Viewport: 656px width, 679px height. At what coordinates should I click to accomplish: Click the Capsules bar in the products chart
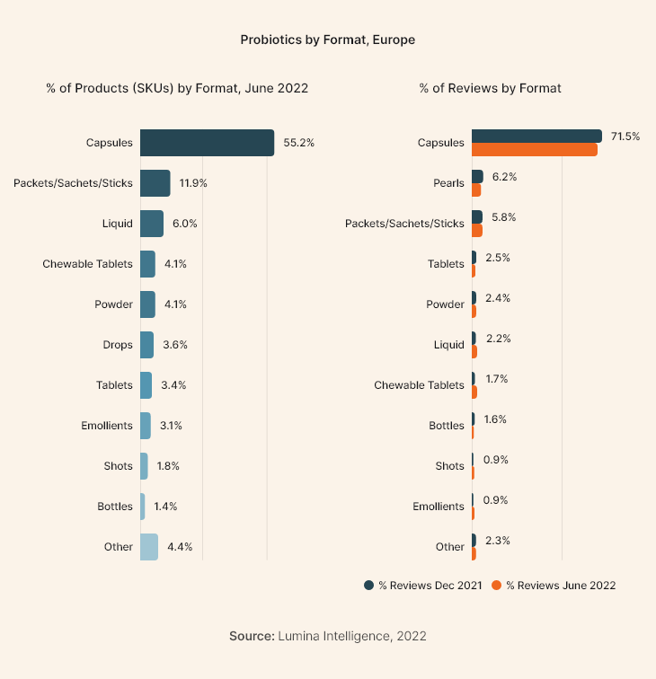pos(207,143)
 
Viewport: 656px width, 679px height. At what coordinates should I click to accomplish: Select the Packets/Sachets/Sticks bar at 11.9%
pos(155,183)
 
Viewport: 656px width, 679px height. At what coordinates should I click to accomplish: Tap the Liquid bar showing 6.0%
pos(151,224)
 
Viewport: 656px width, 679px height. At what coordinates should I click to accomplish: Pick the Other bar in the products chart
pos(148,547)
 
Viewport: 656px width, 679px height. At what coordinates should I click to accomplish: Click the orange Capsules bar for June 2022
pos(534,149)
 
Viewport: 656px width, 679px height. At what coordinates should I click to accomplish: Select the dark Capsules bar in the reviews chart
pos(536,136)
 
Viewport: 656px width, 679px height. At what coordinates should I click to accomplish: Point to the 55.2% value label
pos(298,143)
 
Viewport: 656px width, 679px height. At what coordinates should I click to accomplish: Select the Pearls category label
pos(448,183)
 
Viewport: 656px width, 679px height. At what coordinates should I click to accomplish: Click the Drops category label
pos(118,345)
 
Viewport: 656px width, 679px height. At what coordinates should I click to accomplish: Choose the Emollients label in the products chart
pos(107,426)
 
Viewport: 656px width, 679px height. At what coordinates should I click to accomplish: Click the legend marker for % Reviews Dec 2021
pos(368,586)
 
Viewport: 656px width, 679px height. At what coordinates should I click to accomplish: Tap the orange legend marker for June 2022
pos(497,586)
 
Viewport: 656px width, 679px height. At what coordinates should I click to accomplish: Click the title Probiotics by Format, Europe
pos(327,40)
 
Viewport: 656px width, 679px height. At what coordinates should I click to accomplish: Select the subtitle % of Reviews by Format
pos(490,88)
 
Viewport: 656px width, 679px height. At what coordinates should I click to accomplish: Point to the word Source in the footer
pos(251,636)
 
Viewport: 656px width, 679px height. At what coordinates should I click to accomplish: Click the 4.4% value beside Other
pos(180,547)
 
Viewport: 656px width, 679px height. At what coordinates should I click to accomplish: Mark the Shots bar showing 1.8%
pos(144,466)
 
